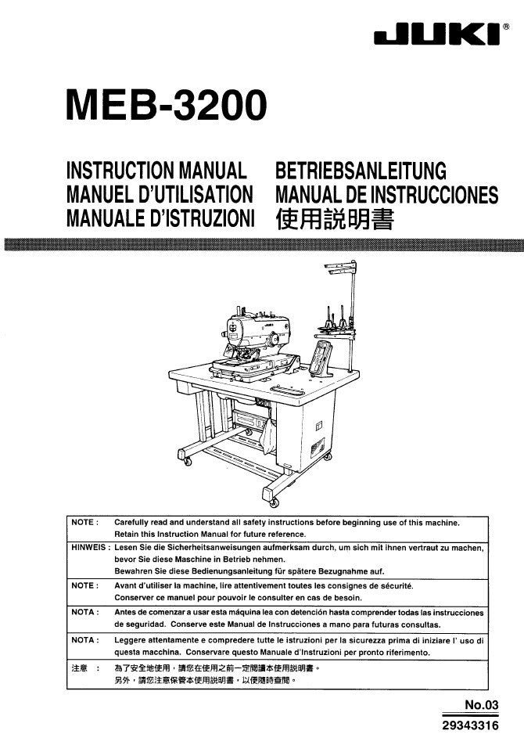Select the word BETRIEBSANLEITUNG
361,171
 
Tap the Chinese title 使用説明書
334,218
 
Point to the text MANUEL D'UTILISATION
160,195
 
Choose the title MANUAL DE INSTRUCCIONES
386,195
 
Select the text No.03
481,705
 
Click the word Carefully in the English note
135,522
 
